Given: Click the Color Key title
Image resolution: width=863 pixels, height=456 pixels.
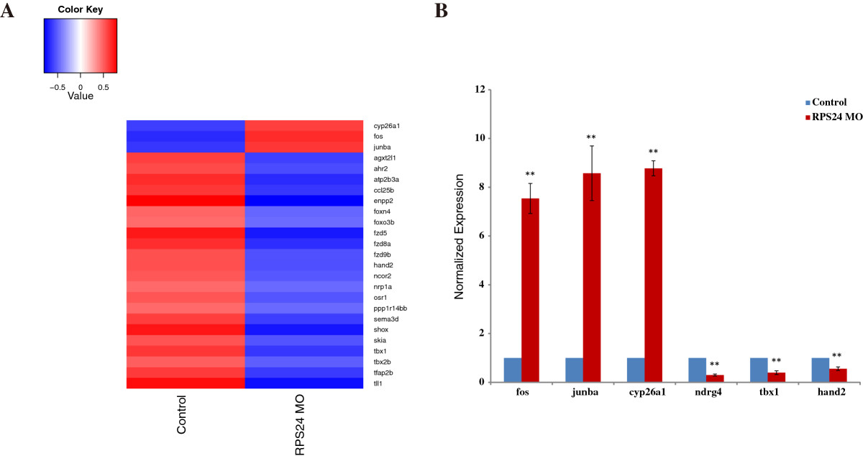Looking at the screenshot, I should pyautogui.click(x=80, y=11).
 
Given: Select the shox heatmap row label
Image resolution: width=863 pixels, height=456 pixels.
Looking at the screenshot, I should pyautogui.click(x=382, y=329).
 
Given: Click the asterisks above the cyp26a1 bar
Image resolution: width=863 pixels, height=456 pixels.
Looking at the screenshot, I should pyautogui.click(x=653, y=152).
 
